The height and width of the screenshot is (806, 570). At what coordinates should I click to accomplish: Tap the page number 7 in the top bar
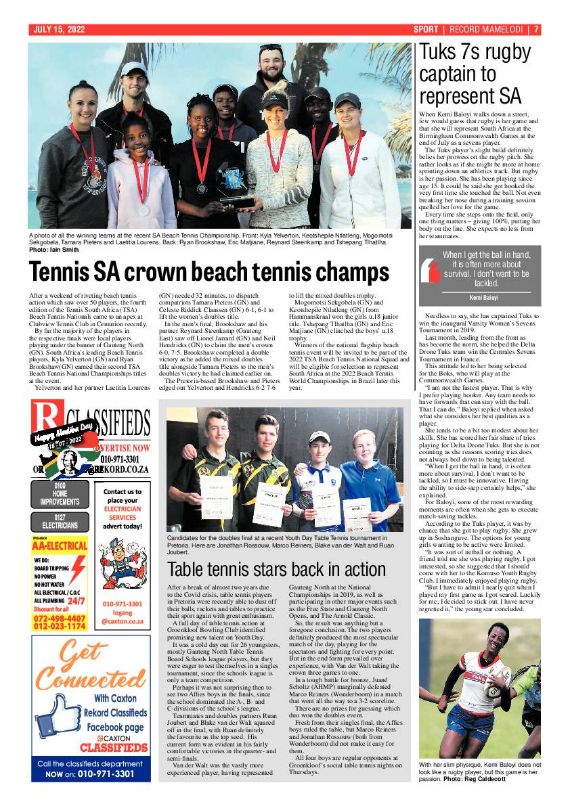[x=535, y=30]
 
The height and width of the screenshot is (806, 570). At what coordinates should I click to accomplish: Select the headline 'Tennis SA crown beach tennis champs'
[x=209, y=272]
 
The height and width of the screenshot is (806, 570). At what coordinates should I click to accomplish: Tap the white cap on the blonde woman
[x=278, y=97]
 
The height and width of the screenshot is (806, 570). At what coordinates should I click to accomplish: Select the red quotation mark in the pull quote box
[x=431, y=271]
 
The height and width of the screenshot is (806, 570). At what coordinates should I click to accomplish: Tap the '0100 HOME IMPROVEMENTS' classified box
[x=60, y=494]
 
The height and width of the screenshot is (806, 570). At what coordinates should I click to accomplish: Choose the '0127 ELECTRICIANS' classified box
[x=60, y=522]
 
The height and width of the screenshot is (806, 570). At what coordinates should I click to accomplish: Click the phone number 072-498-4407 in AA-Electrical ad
[x=60, y=619]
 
